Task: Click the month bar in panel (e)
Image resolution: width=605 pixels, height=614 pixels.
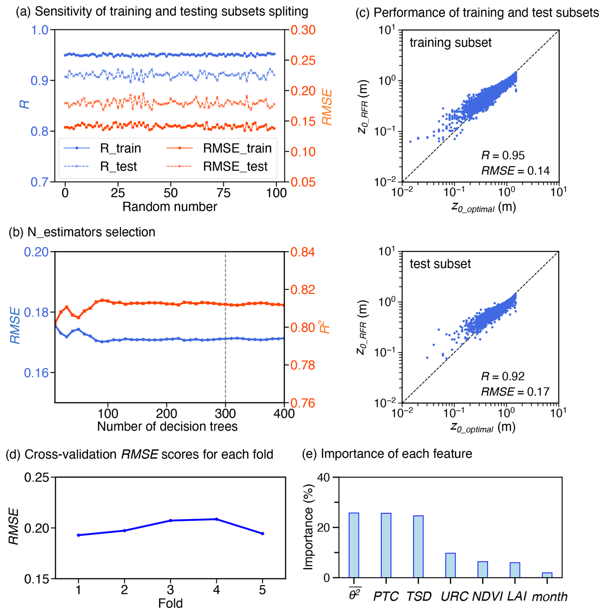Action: tap(547, 575)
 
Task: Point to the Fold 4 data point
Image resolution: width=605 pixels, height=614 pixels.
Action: tap(216, 519)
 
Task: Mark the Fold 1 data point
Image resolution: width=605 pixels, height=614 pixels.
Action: tap(78, 535)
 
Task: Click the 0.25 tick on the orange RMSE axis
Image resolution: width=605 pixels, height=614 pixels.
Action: tap(302, 60)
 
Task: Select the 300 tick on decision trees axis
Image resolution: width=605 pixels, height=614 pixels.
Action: tap(225, 414)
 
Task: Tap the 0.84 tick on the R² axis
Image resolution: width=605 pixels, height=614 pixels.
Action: tap(302, 252)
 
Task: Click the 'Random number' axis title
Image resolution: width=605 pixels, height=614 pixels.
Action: tap(169, 207)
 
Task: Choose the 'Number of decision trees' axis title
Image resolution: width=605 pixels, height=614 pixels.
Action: tap(167, 426)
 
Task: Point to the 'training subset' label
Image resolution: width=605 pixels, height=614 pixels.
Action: tap(450, 43)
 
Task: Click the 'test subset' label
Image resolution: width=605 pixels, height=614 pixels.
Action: tap(440, 264)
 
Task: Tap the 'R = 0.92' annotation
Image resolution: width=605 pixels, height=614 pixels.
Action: tap(503, 376)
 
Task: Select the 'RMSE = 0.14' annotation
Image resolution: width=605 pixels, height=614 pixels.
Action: tap(515, 171)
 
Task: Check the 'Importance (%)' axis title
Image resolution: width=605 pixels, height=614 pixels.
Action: tap(308, 527)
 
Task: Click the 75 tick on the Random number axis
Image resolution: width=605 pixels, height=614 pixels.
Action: tap(223, 193)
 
